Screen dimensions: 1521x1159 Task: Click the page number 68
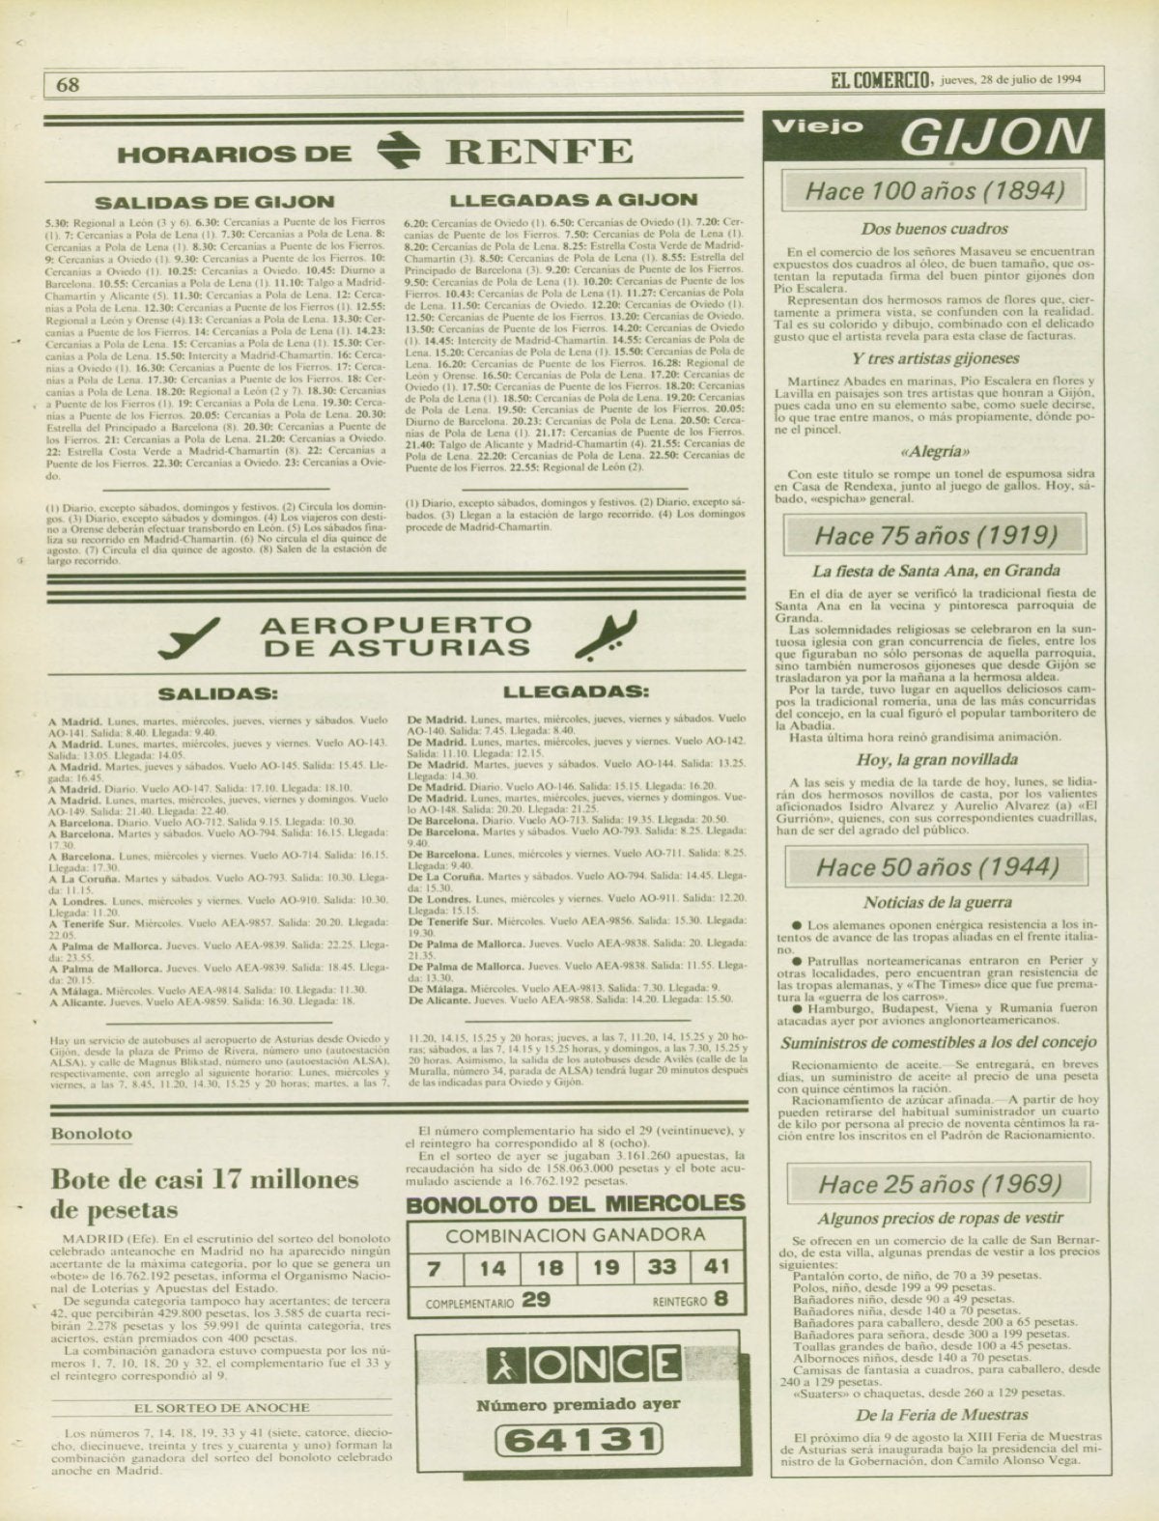pos(68,84)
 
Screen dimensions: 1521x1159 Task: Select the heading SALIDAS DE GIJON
pos(214,202)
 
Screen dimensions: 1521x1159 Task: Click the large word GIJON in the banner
pos(992,138)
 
